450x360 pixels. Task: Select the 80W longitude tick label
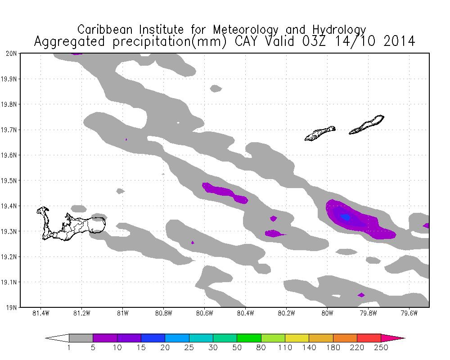pyautogui.click(x=327, y=314)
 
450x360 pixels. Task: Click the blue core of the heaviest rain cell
pyautogui.click(x=346, y=217)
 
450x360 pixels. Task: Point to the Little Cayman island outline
pyautogui.click(x=319, y=133)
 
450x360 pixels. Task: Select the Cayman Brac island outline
pyautogui.click(x=367, y=125)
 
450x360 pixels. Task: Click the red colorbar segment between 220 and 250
pyautogui.click(x=369, y=338)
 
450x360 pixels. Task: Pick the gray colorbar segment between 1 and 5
pyautogui.click(x=81, y=338)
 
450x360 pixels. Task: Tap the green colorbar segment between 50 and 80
pyautogui.click(x=249, y=338)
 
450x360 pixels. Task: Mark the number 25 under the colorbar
pyautogui.click(x=189, y=347)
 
